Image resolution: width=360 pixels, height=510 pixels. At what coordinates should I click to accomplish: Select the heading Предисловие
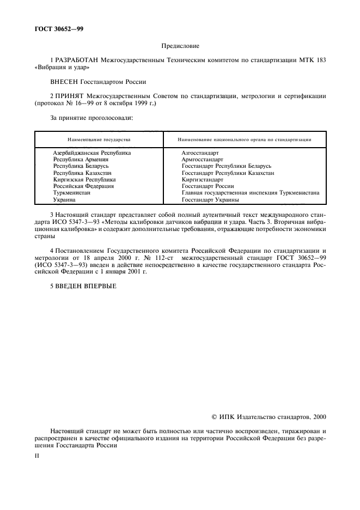pyautogui.click(x=180, y=47)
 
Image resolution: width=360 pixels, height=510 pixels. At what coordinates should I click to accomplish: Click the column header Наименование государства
pyautogui.click(x=99, y=139)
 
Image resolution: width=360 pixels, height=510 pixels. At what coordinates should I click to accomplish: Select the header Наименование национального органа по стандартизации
pyautogui.click(x=245, y=139)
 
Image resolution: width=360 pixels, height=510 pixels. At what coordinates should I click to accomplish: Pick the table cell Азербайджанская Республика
pyautogui.click(x=91, y=153)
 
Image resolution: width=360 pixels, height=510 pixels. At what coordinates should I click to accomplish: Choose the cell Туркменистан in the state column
pyautogui.click(x=72, y=193)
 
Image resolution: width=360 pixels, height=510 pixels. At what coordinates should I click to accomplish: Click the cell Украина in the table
pyautogui.click(x=65, y=199)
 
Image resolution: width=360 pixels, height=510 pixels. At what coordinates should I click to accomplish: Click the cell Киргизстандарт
pyautogui.click(x=203, y=179)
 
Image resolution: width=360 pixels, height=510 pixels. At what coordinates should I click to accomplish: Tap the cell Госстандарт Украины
pyautogui.click(x=210, y=199)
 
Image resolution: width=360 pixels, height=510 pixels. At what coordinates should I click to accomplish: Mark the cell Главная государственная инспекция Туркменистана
pyautogui.click(x=250, y=193)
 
